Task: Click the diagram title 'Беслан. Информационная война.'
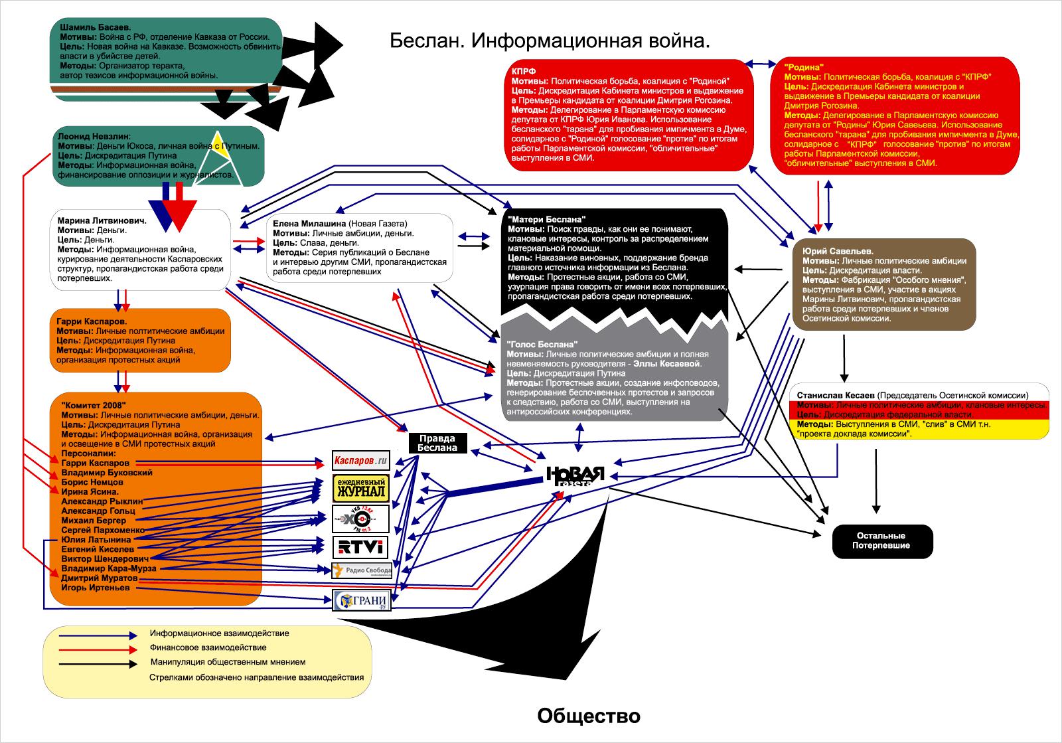550,41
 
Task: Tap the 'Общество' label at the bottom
589,716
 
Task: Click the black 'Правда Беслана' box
437,443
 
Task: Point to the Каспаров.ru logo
360,460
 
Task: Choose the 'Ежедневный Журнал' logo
360,488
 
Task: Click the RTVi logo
360,547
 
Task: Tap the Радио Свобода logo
362,570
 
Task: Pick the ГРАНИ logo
362,601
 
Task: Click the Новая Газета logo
575,476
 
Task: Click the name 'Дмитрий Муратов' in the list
99,578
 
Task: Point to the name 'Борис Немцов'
92,482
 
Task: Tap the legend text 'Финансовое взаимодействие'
208,647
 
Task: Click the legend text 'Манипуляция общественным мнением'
228,662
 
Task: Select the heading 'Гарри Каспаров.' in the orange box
92,321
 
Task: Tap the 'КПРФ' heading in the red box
524,71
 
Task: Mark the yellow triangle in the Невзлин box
223,151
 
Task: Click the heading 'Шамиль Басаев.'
95,28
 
